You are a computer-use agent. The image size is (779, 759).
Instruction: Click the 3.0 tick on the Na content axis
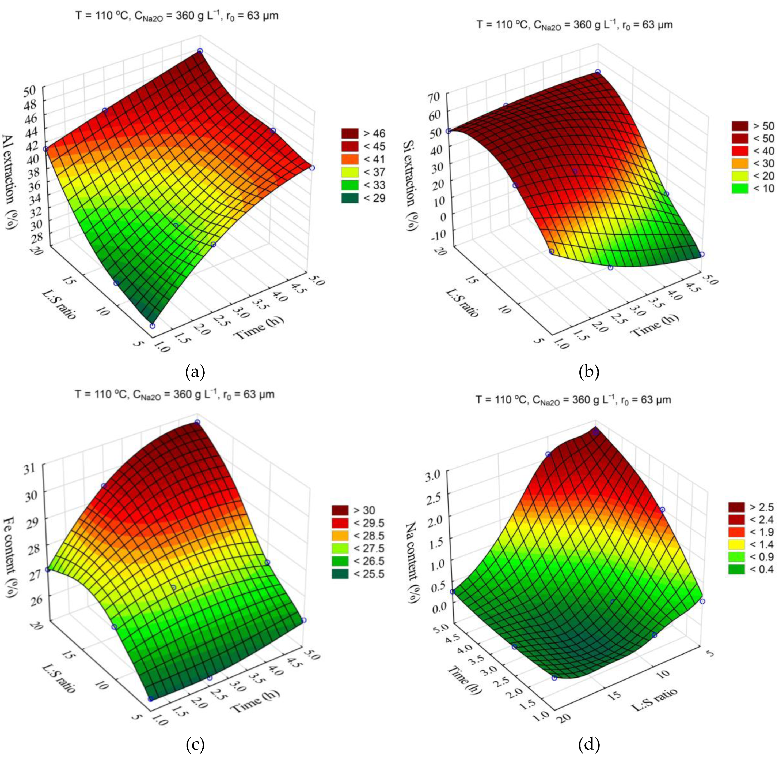pyautogui.click(x=437, y=474)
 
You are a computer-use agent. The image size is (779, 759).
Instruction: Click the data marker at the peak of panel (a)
pyautogui.click(x=200, y=51)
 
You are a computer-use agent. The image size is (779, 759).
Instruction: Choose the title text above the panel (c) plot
pyautogui.click(x=175, y=395)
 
